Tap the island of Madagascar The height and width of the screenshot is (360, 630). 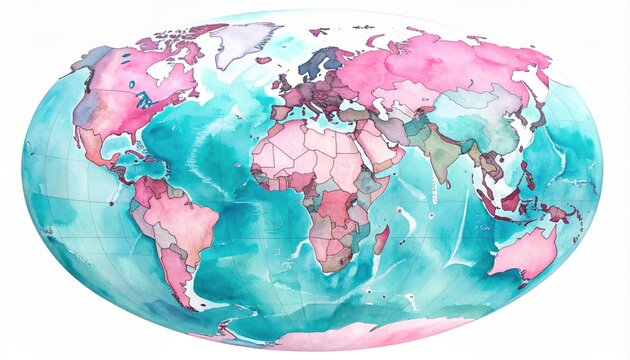(381, 239)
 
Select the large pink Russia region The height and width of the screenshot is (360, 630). (430, 65)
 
